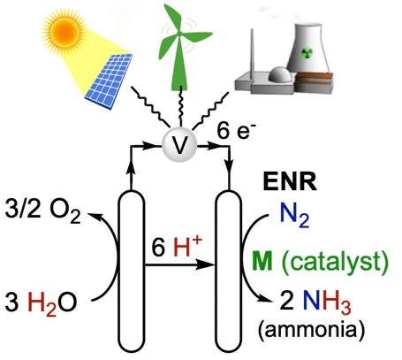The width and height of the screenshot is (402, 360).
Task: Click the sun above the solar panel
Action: coord(64,30)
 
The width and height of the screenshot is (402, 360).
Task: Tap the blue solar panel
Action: coord(110,81)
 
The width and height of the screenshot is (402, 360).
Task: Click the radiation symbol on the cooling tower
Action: coord(307,54)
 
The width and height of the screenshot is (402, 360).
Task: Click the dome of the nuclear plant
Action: coord(281,74)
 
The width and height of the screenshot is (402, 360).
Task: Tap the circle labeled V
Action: coord(179,145)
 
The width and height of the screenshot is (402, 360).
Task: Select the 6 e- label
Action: coord(236,131)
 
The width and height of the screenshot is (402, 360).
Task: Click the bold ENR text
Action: coord(290,182)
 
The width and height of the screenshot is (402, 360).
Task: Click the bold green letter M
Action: coord(262,261)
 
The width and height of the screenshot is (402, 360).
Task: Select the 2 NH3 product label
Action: coord(315,302)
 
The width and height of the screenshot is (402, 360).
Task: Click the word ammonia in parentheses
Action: coord(311,329)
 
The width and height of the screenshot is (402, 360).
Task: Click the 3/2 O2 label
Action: coord(42,211)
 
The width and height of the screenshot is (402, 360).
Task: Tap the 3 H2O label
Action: coord(41,303)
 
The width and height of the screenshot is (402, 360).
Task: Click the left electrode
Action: coord(132,272)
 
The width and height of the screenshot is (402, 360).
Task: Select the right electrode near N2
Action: coord(229,272)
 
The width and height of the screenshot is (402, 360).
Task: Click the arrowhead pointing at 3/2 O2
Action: coord(94,217)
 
